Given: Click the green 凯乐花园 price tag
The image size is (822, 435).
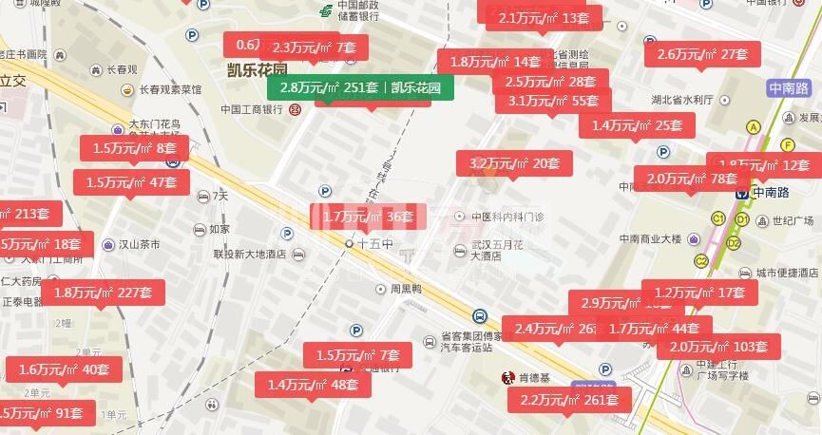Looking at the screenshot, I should (x=360, y=88).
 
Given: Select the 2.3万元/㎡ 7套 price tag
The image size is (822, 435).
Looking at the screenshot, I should (x=314, y=47).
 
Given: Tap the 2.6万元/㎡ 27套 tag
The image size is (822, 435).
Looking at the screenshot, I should (x=703, y=54).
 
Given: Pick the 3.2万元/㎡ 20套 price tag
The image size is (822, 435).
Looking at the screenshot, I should (x=514, y=163).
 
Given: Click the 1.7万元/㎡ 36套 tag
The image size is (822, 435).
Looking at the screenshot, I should (x=368, y=217).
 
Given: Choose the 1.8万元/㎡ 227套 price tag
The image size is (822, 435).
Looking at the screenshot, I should (x=103, y=293).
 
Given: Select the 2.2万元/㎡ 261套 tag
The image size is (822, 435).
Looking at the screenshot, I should (x=569, y=400).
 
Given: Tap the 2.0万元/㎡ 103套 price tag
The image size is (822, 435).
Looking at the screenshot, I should (x=718, y=347).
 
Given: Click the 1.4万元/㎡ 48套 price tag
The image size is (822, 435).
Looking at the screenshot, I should (x=313, y=385).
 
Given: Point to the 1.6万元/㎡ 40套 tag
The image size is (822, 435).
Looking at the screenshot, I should (x=64, y=369).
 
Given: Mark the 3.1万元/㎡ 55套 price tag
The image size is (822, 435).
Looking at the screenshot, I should (x=553, y=100).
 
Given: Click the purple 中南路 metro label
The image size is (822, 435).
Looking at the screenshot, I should (x=789, y=88).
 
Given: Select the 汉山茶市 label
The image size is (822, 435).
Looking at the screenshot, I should (x=138, y=244).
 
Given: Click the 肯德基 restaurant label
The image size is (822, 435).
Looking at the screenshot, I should (x=535, y=377).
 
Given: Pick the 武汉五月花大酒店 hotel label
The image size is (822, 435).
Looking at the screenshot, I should (x=500, y=250).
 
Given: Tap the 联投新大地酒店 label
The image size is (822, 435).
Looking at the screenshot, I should (x=250, y=255).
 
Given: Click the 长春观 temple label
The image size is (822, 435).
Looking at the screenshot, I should (x=122, y=69).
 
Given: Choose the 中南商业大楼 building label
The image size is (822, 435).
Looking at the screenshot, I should (x=657, y=238).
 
